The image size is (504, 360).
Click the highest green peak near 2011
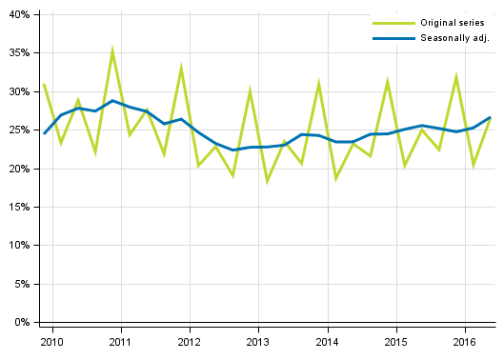pos(112,50)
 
